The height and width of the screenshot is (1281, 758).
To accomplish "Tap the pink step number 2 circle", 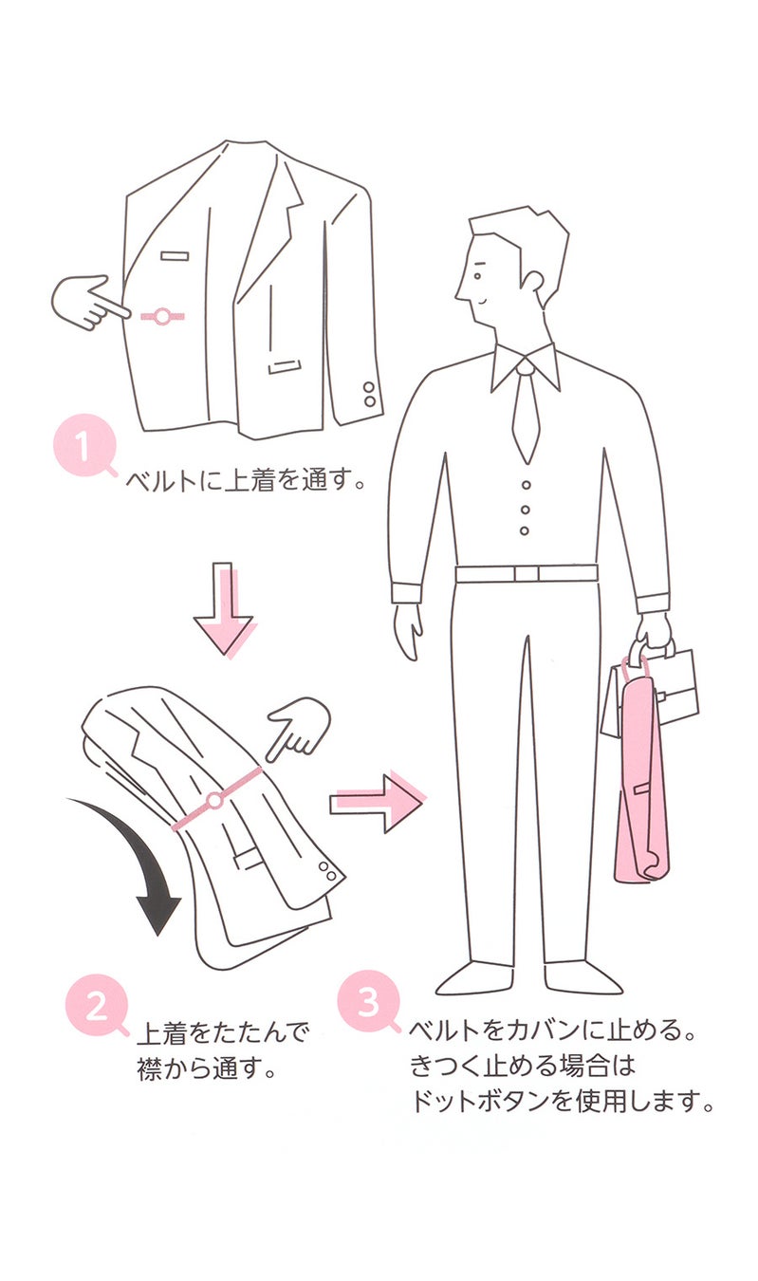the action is [x=97, y=1006].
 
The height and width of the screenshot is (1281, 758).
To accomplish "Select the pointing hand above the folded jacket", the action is [x=298, y=725].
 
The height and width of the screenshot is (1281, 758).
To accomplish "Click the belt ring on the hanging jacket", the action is [x=162, y=316].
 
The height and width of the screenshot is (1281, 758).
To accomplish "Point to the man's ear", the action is [x=533, y=283].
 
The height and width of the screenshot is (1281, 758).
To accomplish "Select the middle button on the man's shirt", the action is [x=525, y=510].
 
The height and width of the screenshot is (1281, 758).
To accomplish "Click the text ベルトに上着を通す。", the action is [x=247, y=482].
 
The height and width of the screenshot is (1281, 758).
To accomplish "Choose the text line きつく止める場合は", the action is [x=521, y=1066].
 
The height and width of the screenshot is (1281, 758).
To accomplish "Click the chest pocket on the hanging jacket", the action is [x=175, y=255].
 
